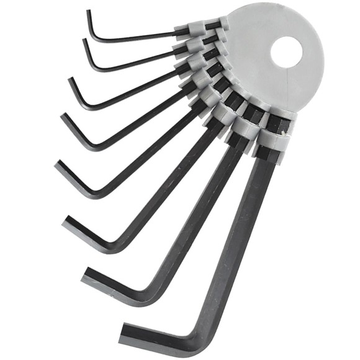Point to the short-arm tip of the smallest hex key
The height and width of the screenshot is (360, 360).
coord(89,12)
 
